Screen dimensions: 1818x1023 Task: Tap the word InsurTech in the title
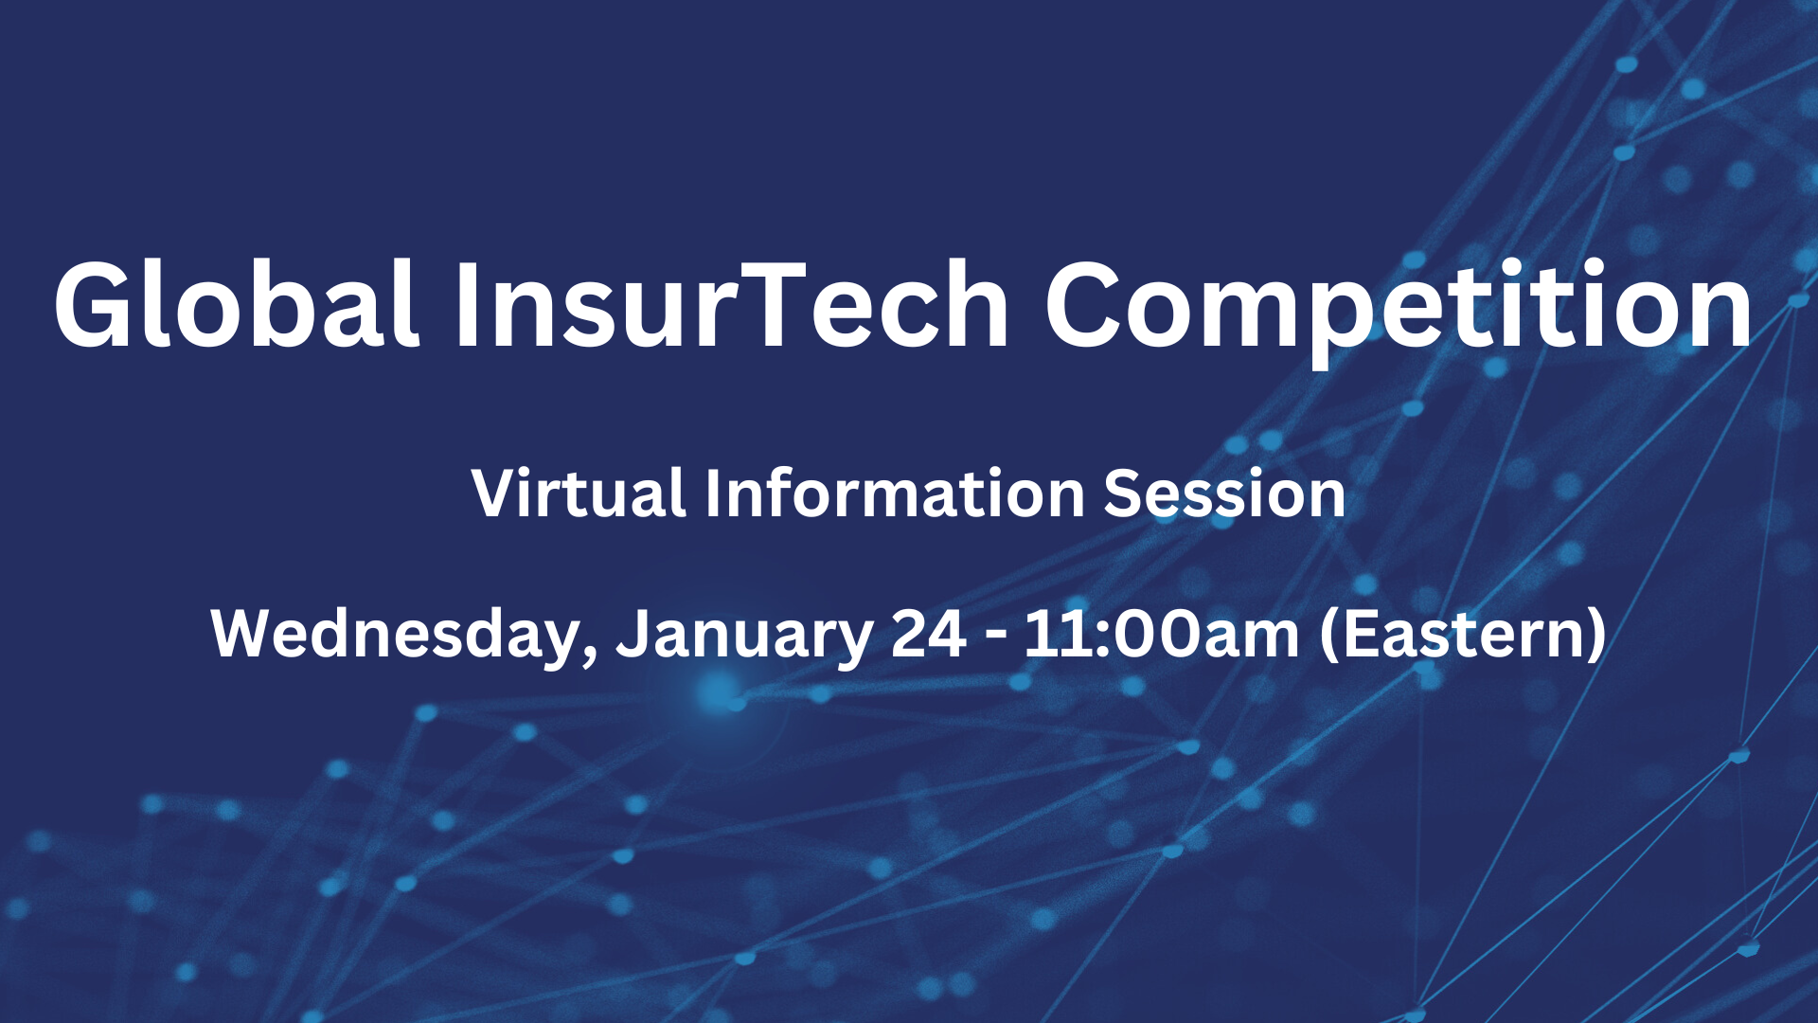point(732,305)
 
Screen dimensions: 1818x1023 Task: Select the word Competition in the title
point(1399,311)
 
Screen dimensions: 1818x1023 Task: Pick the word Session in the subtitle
point(1224,494)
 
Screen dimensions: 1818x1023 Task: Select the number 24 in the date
point(929,634)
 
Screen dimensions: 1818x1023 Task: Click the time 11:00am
point(1162,634)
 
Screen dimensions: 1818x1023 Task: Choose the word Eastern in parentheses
point(1463,636)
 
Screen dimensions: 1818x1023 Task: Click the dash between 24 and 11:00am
point(995,638)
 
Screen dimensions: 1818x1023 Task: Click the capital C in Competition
point(1085,306)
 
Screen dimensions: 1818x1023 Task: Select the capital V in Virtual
point(500,494)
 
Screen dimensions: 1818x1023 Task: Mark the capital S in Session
point(1124,494)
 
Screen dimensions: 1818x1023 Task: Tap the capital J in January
point(632,634)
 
